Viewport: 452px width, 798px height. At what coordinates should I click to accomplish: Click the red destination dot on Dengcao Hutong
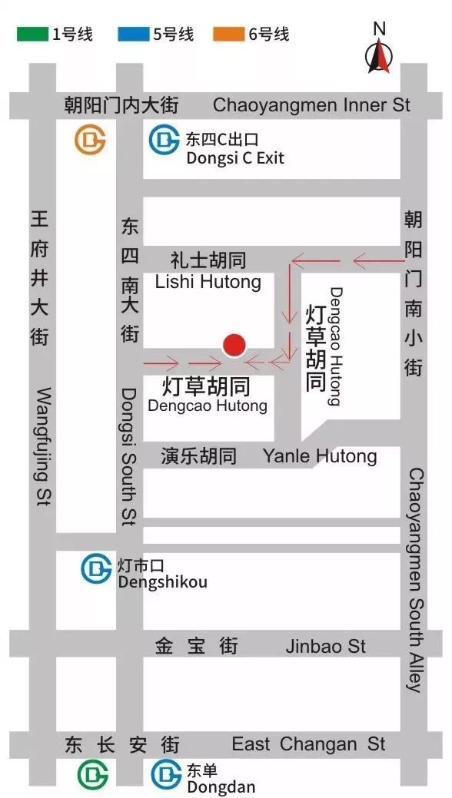pos(234,346)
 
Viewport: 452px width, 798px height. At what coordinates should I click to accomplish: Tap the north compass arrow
pos(378,56)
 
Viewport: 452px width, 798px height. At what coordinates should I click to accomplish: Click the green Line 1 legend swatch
pos(32,35)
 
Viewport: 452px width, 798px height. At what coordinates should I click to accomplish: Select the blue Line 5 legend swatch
pos(133,35)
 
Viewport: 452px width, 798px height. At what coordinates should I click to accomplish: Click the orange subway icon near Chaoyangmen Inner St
pos(90,140)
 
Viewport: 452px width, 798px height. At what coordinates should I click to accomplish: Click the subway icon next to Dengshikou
pos(97,568)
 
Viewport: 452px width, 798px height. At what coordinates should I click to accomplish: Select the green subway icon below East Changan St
pos(92,774)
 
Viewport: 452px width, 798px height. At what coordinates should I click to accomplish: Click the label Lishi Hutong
pos(208,282)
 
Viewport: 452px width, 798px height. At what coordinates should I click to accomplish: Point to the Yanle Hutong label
pos(320,456)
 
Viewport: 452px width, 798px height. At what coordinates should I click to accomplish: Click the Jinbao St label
pos(326,646)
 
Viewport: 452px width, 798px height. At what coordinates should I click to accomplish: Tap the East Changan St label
pos(308,744)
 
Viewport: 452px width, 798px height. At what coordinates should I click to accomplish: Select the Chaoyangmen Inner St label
pos(311,105)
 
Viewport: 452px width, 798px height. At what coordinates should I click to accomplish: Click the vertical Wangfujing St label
pos(44,446)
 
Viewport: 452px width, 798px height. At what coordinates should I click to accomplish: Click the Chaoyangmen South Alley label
pos(415,580)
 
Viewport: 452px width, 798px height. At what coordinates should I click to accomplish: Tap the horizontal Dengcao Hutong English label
pos(208,406)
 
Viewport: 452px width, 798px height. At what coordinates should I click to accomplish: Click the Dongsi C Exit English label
pos(235,158)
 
